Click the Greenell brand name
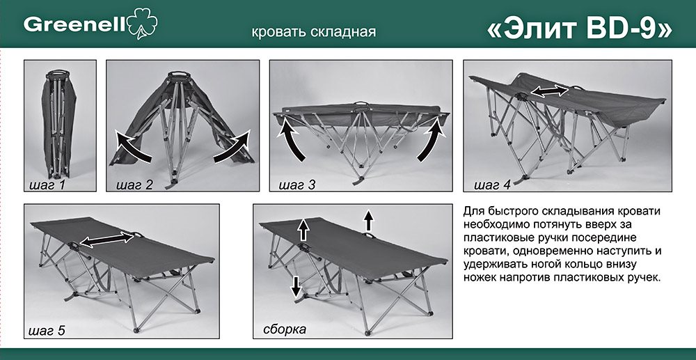click(x=74, y=25)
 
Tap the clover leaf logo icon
click(x=142, y=23)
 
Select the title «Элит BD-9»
click(x=579, y=29)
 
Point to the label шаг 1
click(x=47, y=185)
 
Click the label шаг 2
click(x=134, y=185)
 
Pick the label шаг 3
click(x=297, y=185)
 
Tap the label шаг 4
click(x=492, y=185)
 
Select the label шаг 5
click(x=47, y=331)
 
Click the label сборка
click(x=285, y=330)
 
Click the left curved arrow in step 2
click(x=132, y=146)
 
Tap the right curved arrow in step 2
click(x=233, y=146)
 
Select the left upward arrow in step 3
click(x=291, y=140)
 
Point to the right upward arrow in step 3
click(x=432, y=140)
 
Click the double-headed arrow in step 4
click(x=550, y=91)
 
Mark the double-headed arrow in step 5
click(x=106, y=240)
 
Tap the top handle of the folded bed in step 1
click(x=58, y=73)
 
